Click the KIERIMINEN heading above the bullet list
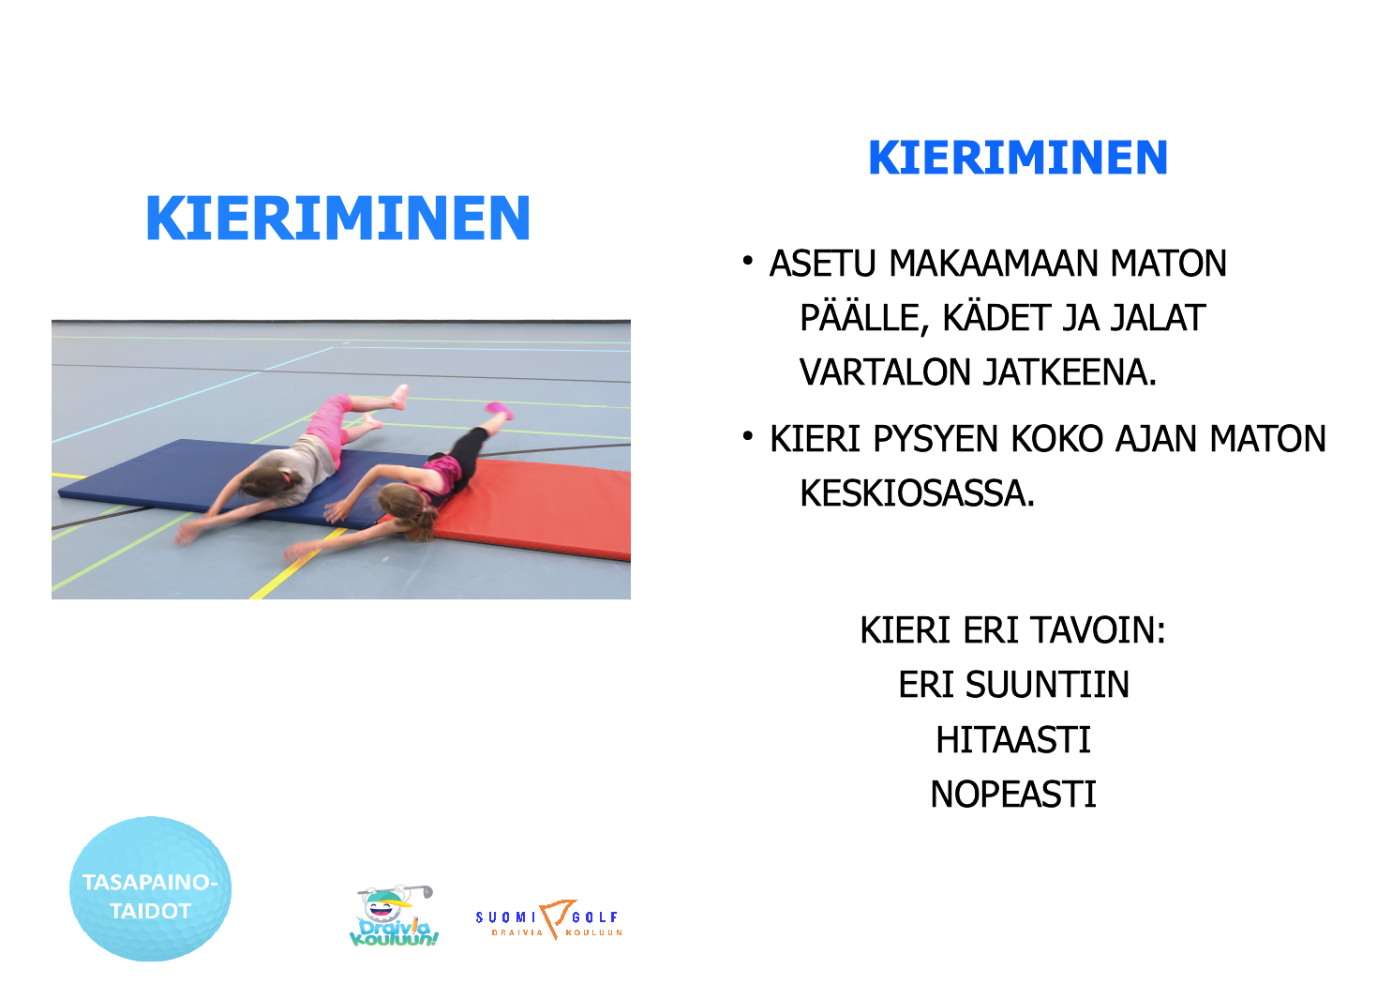click(x=1018, y=158)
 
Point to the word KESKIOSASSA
click(x=918, y=493)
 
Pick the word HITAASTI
click(x=1013, y=740)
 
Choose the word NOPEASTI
click(x=1013, y=794)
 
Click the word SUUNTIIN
click(x=1047, y=685)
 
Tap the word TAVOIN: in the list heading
click(x=1098, y=630)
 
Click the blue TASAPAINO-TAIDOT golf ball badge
click(x=150, y=888)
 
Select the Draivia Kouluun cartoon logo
click(x=394, y=917)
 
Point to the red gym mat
click(x=534, y=507)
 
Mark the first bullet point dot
click(x=748, y=261)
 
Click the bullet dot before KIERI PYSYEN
click(x=748, y=436)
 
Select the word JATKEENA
click(x=1070, y=371)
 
